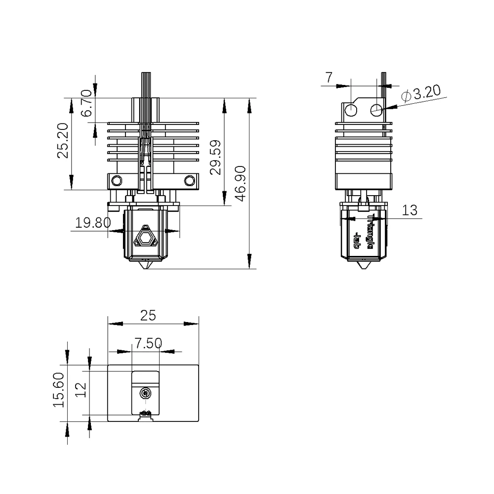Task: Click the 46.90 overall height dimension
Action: tap(241, 184)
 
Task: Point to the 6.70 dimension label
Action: tap(87, 103)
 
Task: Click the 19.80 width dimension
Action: tap(93, 222)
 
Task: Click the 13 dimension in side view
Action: tap(410, 210)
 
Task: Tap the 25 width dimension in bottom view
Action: tap(147, 316)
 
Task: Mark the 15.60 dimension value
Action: tap(60, 390)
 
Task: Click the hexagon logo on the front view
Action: tap(146, 238)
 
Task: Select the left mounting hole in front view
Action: tap(117, 180)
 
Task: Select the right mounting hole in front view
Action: tap(189, 180)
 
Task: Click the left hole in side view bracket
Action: tap(351, 110)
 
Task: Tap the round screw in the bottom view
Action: tap(145, 393)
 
